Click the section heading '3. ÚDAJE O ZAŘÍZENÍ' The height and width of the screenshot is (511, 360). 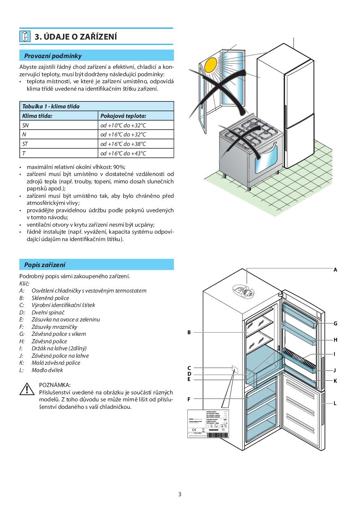(76, 37)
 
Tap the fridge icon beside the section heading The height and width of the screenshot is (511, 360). (25, 36)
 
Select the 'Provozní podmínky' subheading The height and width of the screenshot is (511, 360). (53, 56)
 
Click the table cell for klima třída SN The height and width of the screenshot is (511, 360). (26, 125)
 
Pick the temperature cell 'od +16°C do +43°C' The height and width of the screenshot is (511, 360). (123, 153)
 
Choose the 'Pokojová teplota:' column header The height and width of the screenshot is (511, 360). (123, 116)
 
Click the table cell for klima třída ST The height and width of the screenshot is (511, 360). (25, 144)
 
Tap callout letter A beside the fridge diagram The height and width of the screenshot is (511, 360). (335, 270)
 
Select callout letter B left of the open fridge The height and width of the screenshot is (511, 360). (189, 332)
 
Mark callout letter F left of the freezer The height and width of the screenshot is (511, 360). (189, 399)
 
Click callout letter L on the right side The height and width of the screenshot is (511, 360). (335, 403)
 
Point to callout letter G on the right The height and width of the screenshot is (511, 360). (335, 324)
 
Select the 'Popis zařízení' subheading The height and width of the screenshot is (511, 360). (44, 265)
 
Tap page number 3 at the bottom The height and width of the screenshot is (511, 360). (180, 494)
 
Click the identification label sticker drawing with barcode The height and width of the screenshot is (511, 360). (208, 424)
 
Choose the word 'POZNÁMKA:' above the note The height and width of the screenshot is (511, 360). (54, 385)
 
